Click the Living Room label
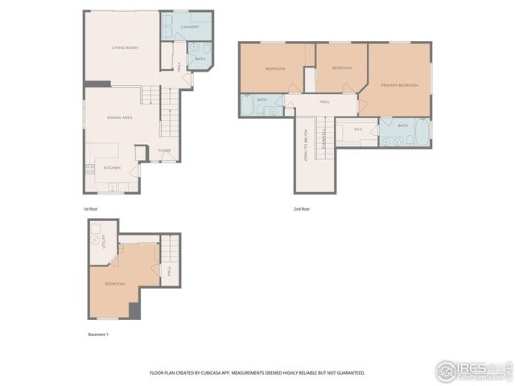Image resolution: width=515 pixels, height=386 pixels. pos(125,48)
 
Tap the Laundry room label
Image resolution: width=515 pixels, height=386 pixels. pos(190,27)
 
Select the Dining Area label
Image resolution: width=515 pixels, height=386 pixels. pos(120,117)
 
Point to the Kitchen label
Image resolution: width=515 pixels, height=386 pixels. pos(112,167)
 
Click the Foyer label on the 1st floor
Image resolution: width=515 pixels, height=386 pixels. pos(164,150)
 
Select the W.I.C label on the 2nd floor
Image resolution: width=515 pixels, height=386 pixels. pos(359,129)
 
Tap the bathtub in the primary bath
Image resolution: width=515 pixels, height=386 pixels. pos(422,134)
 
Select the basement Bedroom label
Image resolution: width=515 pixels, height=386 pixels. pos(113,284)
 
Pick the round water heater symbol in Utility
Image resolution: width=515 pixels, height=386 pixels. pos(96,239)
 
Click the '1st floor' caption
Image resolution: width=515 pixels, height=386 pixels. pos(91,209)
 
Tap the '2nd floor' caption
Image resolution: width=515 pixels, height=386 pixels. pos(302,209)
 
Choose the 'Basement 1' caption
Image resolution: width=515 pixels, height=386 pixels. pos(98,334)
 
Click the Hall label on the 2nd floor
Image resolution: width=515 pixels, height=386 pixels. pos(324,101)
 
